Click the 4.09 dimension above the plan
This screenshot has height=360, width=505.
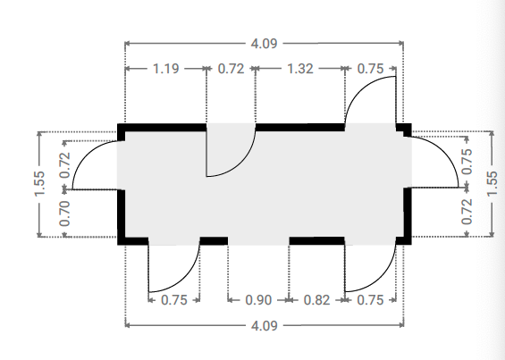click(264, 44)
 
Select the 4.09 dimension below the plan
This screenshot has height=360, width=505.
click(264, 326)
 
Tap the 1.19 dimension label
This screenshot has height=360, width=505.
click(165, 69)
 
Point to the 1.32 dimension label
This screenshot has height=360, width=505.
click(299, 69)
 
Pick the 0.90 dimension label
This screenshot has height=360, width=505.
click(258, 300)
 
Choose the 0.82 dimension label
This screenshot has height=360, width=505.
click(317, 300)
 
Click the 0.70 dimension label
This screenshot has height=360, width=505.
click(64, 213)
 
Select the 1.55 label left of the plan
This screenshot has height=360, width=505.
click(40, 184)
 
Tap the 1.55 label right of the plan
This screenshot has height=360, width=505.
click(492, 184)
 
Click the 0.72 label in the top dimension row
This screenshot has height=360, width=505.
click(231, 69)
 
